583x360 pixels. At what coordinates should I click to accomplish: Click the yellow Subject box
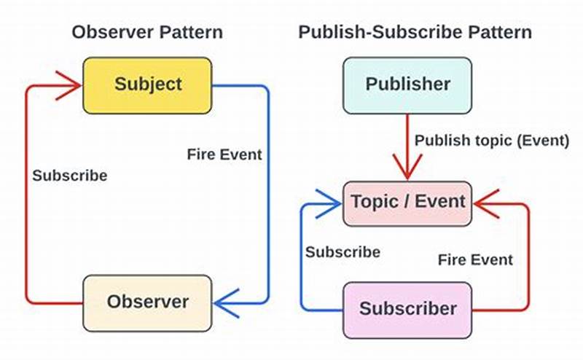click(x=147, y=85)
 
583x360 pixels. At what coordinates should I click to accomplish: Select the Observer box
click(x=147, y=301)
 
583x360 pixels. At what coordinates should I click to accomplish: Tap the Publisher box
click(x=407, y=85)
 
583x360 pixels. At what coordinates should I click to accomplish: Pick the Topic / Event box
click(x=407, y=201)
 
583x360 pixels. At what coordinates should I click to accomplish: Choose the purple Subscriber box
click(x=407, y=308)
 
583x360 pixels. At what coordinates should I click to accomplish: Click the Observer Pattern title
click(x=146, y=32)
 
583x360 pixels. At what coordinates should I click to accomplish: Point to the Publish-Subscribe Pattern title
click(x=415, y=32)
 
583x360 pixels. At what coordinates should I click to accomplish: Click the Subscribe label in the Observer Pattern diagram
click(x=69, y=176)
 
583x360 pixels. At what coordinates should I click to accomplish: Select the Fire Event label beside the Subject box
click(x=224, y=154)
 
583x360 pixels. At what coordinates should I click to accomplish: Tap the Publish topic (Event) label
click(x=492, y=141)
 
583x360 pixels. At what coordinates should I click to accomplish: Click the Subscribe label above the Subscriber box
click(x=343, y=252)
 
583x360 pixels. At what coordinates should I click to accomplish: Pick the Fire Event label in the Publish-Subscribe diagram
click(x=475, y=259)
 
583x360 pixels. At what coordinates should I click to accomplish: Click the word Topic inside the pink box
click(x=374, y=201)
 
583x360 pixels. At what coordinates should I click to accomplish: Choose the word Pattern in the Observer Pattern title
click(x=191, y=32)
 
